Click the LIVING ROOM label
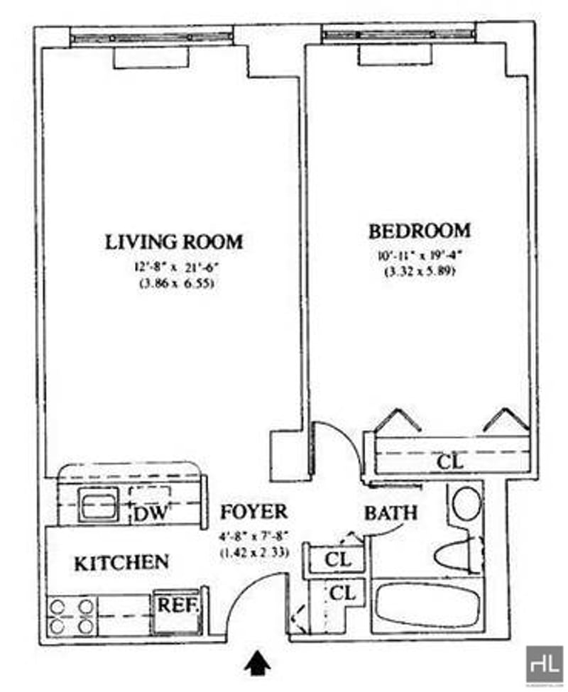click(x=174, y=241)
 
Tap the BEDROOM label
click(x=419, y=231)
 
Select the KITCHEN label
click(x=121, y=564)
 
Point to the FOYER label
click(x=253, y=512)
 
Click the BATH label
click(x=390, y=512)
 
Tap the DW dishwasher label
click(x=150, y=514)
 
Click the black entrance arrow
click(x=258, y=664)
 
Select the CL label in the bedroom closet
click(x=449, y=462)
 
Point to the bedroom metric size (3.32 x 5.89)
click(x=419, y=271)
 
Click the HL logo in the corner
click(x=544, y=664)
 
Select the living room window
click(x=152, y=35)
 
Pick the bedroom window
click(x=398, y=33)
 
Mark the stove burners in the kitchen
click(x=70, y=615)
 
